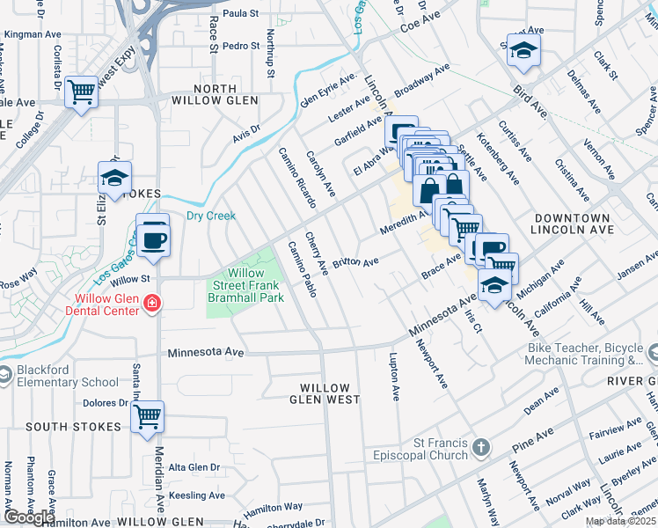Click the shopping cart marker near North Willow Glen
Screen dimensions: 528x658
click(x=81, y=91)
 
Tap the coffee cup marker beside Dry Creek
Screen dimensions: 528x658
click(x=153, y=237)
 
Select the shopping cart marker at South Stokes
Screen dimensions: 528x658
click(x=148, y=415)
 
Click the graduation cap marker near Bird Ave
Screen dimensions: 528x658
click(x=523, y=52)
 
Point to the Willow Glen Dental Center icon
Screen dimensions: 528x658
click(x=153, y=304)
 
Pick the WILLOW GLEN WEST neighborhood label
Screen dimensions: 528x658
click(x=330, y=393)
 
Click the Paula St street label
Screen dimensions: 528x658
click(x=240, y=13)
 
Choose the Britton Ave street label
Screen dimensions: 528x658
click(x=355, y=263)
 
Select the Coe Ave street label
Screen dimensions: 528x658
click(x=419, y=27)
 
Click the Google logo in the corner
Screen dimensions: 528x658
click(x=28, y=517)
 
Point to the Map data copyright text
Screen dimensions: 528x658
click(x=619, y=521)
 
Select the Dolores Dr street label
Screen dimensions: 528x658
click(x=106, y=403)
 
